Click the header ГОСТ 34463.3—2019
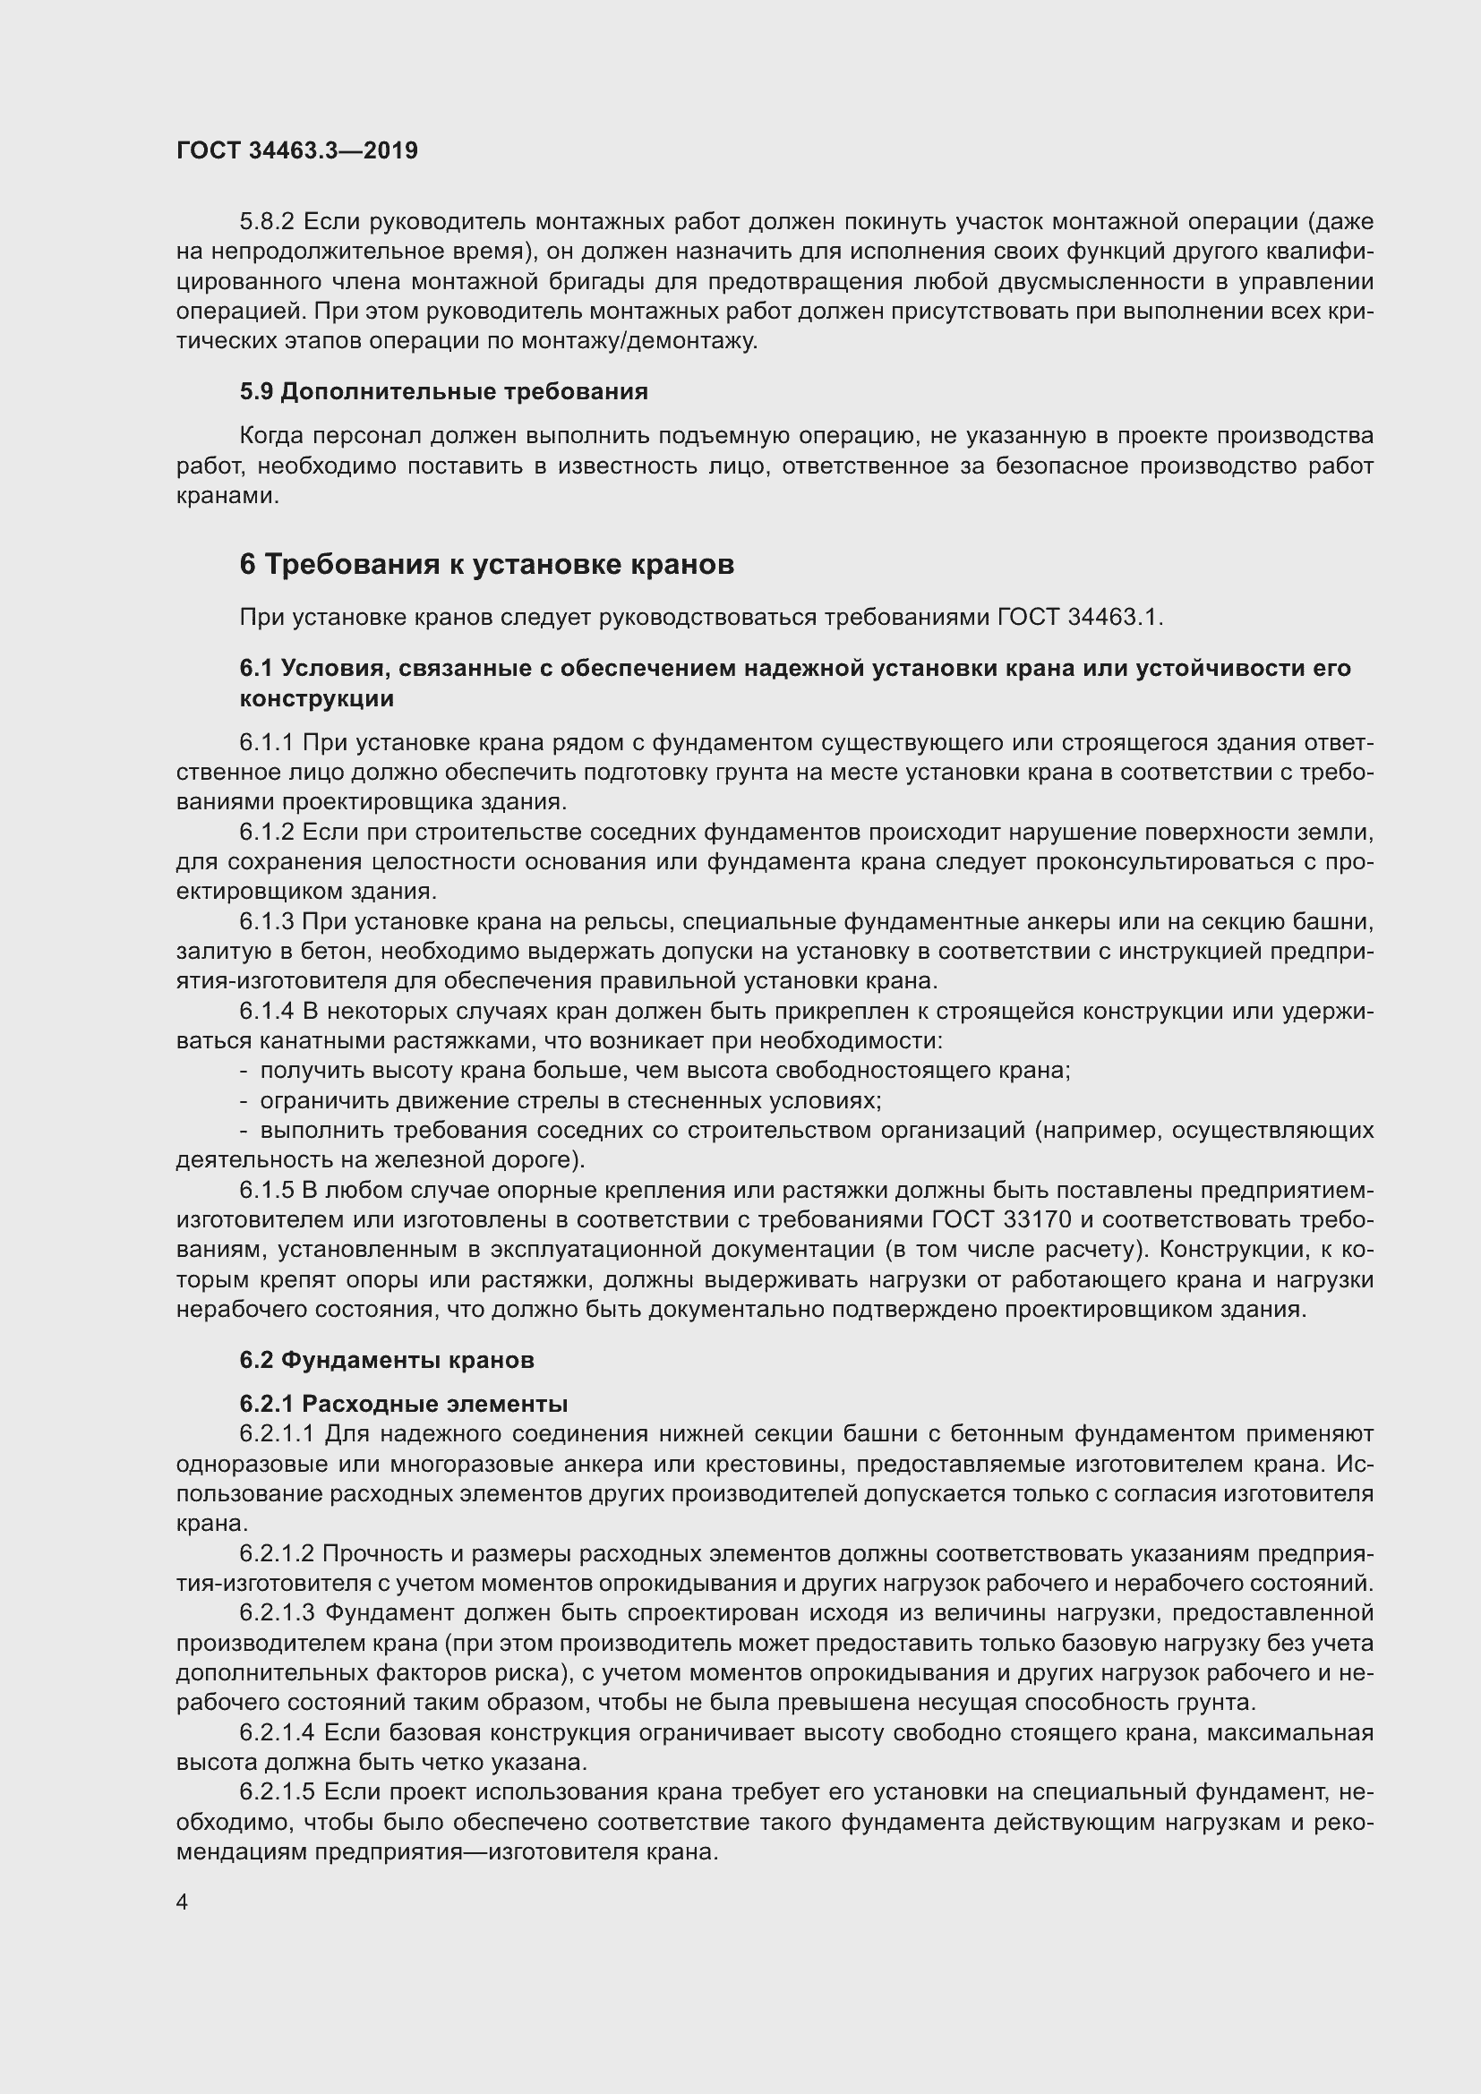(297, 150)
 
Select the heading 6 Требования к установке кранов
(486, 565)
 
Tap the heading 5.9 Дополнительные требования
(443, 391)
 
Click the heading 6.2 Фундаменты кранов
(387, 1360)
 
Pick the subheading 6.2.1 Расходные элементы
(403, 1404)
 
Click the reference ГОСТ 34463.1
(1079, 618)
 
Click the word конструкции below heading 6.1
(316, 699)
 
